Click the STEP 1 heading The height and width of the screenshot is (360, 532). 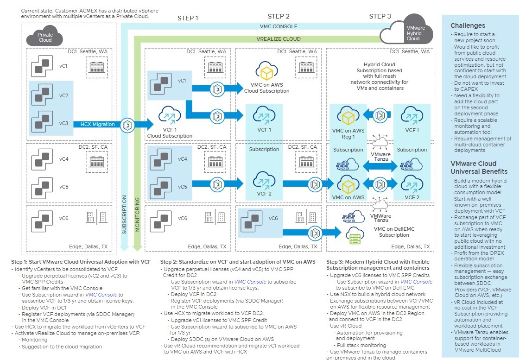pyautogui.click(x=188, y=18)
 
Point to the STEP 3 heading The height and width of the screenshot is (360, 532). pyautogui.click(x=380, y=16)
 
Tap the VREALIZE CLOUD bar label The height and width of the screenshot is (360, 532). pyautogui.click(x=279, y=39)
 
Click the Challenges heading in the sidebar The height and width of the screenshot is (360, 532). pyautogui.click(x=468, y=25)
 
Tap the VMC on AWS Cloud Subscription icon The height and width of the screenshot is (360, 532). pyautogui.click(x=266, y=72)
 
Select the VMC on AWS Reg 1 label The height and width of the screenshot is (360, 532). pyautogui.click(x=348, y=133)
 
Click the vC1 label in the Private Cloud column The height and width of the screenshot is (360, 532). pyautogui.click(x=63, y=66)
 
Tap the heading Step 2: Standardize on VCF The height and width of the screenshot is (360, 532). pyautogui.click(x=237, y=262)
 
